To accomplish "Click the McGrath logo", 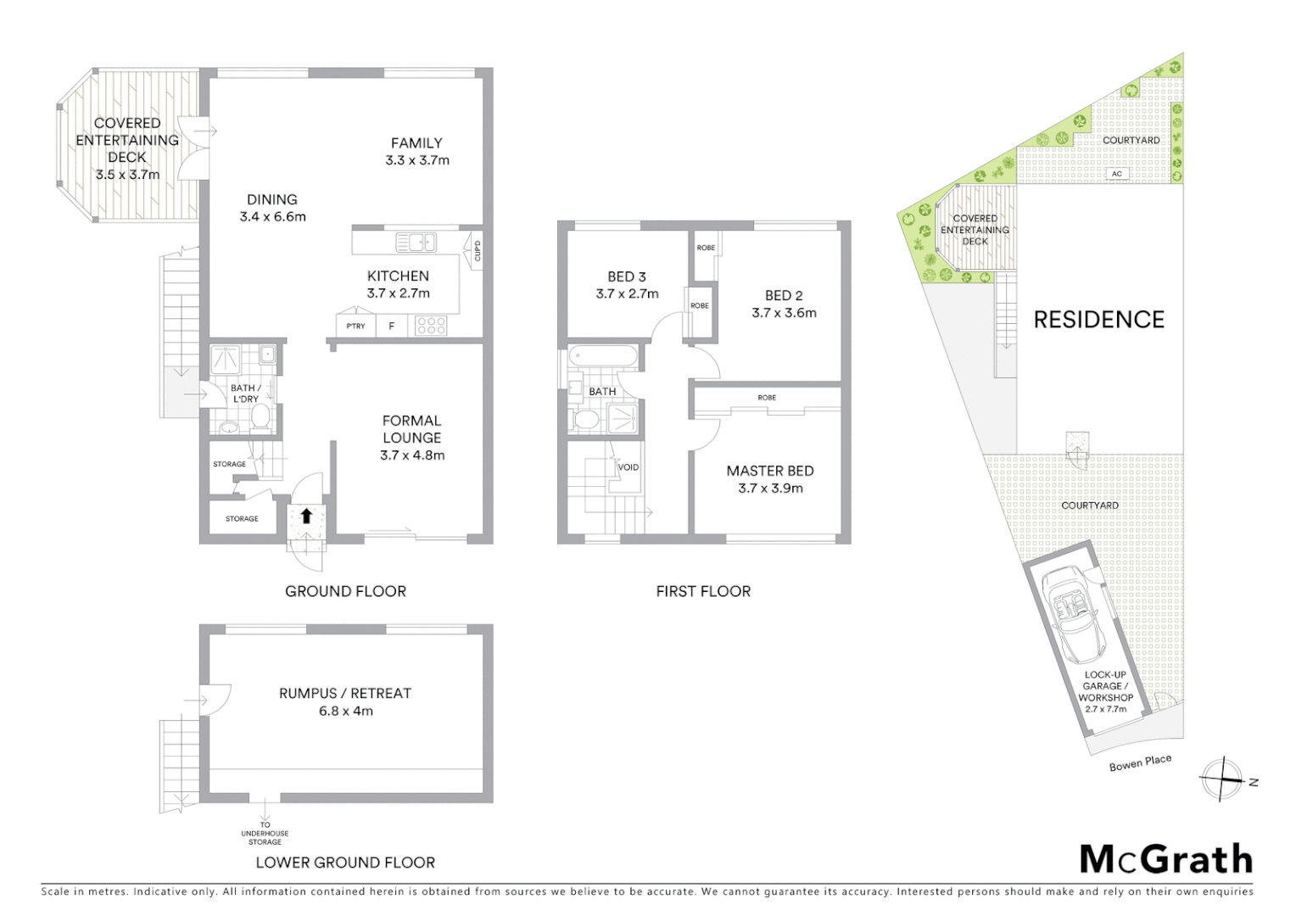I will coord(1166,859).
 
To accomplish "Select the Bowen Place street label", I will coord(1140,762).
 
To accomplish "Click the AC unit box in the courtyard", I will coord(1117,174).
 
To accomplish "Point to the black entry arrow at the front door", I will coord(306,516).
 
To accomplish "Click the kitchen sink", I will coord(416,243).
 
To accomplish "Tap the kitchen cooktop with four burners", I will coord(431,326).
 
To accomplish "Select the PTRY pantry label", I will coord(355,326).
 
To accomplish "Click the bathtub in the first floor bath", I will coord(602,356).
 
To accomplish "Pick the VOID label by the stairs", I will coord(628,467).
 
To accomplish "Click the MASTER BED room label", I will coord(770,471).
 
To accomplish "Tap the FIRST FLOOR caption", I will coord(703,591).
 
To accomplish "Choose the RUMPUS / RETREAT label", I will coord(345,693).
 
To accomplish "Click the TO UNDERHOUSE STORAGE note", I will coord(265,833).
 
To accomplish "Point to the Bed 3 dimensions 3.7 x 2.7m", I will coord(627,294).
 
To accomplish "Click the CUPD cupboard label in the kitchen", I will coord(478,251).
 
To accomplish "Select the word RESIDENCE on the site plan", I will coord(1098,320).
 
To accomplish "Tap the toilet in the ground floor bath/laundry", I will coord(260,416).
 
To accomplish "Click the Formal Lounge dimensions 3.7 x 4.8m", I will coord(412,455).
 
